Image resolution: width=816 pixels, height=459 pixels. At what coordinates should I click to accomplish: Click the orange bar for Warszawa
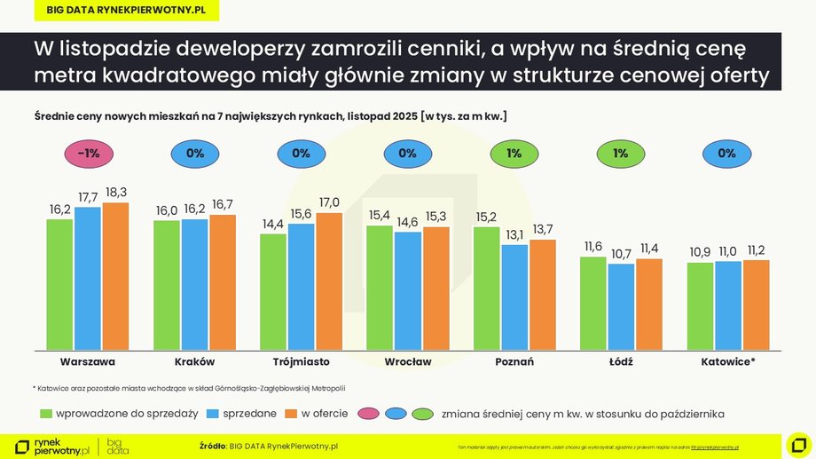pyautogui.click(x=115, y=276)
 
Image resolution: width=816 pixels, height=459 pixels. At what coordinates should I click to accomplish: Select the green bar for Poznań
pyautogui.click(x=487, y=289)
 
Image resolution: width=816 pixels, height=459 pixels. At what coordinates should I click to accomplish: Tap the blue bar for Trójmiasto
pyautogui.click(x=301, y=286)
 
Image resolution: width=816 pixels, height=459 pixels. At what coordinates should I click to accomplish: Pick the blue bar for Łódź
pyautogui.click(x=621, y=306)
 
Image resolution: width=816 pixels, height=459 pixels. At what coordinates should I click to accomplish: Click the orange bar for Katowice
pyautogui.click(x=756, y=305)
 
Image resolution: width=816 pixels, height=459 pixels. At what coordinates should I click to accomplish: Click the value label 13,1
pyautogui.click(x=514, y=235)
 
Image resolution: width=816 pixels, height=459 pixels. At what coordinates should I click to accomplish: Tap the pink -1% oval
pyautogui.click(x=88, y=154)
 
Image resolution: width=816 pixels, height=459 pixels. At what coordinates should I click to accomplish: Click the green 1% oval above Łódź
pyautogui.click(x=620, y=154)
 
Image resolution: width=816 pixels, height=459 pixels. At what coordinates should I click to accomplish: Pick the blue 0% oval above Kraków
pyautogui.click(x=194, y=154)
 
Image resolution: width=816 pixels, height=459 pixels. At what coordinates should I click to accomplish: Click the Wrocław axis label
pyautogui.click(x=408, y=362)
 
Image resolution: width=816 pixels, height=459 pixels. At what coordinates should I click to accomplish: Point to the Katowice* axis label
pyautogui.click(x=727, y=362)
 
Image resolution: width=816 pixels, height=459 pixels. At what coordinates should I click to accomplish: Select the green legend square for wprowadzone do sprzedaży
pyautogui.click(x=46, y=413)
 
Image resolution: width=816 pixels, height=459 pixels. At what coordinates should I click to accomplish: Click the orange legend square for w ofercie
pyautogui.click(x=291, y=413)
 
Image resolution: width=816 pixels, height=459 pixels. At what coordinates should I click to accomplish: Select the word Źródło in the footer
pyautogui.click(x=212, y=446)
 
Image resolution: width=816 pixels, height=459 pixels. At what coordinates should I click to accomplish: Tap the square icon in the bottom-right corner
pyautogui.click(x=798, y=444)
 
